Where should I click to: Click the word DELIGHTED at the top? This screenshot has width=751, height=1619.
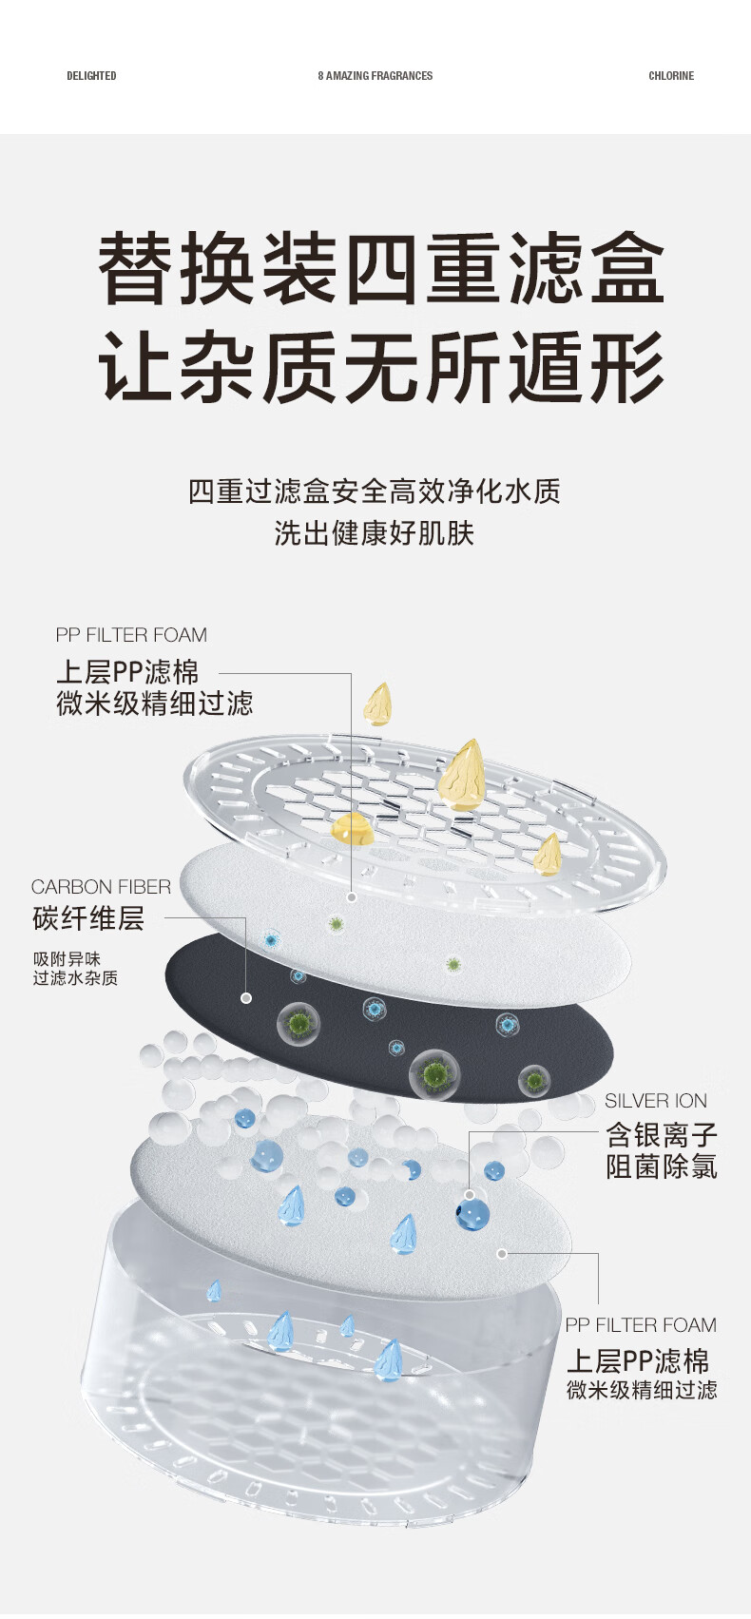(91, 76)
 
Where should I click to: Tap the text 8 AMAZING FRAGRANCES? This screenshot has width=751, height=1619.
(375, 76)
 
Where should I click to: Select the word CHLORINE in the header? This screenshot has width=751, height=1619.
(671, 76)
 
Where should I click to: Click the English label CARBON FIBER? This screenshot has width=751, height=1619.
(101, 887)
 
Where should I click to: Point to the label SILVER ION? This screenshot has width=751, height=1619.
(656, 1101)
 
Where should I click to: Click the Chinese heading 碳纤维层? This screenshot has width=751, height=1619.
(88, 919)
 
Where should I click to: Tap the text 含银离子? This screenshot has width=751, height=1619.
(662, 1134)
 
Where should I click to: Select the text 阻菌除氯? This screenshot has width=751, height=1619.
(662, 1166)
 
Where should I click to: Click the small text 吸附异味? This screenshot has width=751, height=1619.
(67, 958)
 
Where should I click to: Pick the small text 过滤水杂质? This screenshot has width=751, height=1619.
(75, 978)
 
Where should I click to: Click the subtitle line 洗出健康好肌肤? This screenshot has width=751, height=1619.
(374, 533)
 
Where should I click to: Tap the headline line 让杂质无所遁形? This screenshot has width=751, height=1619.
(380, 367)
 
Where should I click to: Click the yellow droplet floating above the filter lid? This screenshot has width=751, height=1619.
(378, 704)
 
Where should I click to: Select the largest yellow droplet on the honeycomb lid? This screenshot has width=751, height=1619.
(462, 776)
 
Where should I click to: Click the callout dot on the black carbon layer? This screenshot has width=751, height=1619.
(246, 998)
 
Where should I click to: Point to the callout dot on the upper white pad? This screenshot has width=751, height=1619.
(352, 896)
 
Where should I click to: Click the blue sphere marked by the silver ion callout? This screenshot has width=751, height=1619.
(472, 1213)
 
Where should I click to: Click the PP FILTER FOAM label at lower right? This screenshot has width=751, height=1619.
(640, 1325)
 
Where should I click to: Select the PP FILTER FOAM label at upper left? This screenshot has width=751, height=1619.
(131, 635)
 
